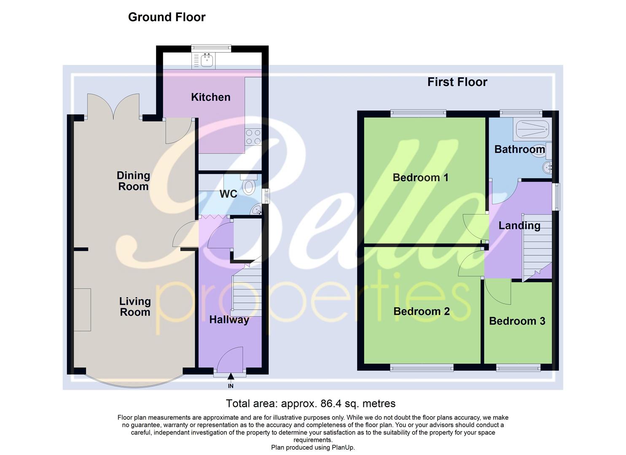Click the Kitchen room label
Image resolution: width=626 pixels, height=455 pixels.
tap(210, 97)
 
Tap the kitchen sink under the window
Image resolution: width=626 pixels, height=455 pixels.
tap(206, 61)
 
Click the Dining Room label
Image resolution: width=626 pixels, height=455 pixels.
tap(133, 181)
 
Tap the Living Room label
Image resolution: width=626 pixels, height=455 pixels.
tap(135, 307)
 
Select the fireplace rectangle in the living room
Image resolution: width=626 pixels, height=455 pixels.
tap(82, 310)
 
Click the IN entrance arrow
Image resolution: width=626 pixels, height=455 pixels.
tap(231, 377)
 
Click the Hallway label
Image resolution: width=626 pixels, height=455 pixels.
tap(229, 320)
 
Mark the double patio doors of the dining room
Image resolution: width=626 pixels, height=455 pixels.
tap(113, 106)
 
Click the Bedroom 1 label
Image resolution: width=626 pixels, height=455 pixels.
tap(420, 177)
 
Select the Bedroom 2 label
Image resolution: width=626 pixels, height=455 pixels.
tap(421, 311)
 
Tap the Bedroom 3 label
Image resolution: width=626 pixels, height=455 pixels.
tap(517, 321)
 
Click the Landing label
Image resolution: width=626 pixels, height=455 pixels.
tap(519, 225)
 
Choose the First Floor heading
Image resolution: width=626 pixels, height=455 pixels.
tap(457, 82)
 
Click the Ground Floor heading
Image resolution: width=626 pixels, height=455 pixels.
tap(167, 17)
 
